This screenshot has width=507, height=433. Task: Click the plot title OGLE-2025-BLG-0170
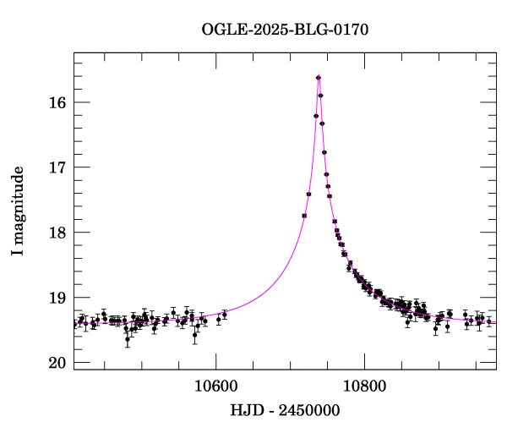coord(285,30)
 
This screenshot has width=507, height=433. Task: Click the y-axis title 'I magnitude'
coord(18,211)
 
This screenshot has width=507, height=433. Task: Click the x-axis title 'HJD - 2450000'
coord(285,410)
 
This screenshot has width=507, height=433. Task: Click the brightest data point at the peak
coord(319,78)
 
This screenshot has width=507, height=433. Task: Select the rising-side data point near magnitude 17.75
coord(304,216)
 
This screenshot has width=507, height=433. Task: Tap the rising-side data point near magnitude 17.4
coord(308,195)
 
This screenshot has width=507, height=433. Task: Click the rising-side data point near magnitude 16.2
coord(316,116)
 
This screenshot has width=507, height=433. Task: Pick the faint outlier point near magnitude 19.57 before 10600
coord(195,335)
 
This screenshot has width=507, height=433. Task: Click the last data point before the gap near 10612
coord(225,315)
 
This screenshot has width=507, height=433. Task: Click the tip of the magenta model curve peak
coord(319,76)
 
